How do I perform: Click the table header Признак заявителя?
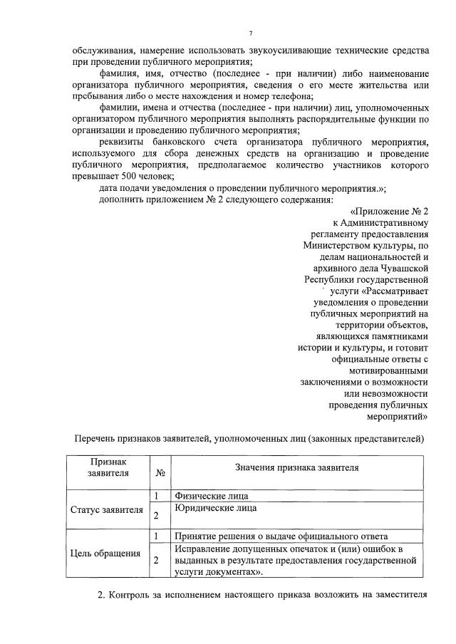pos(108,467)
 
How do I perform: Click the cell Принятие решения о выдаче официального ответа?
pos(280,536)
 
